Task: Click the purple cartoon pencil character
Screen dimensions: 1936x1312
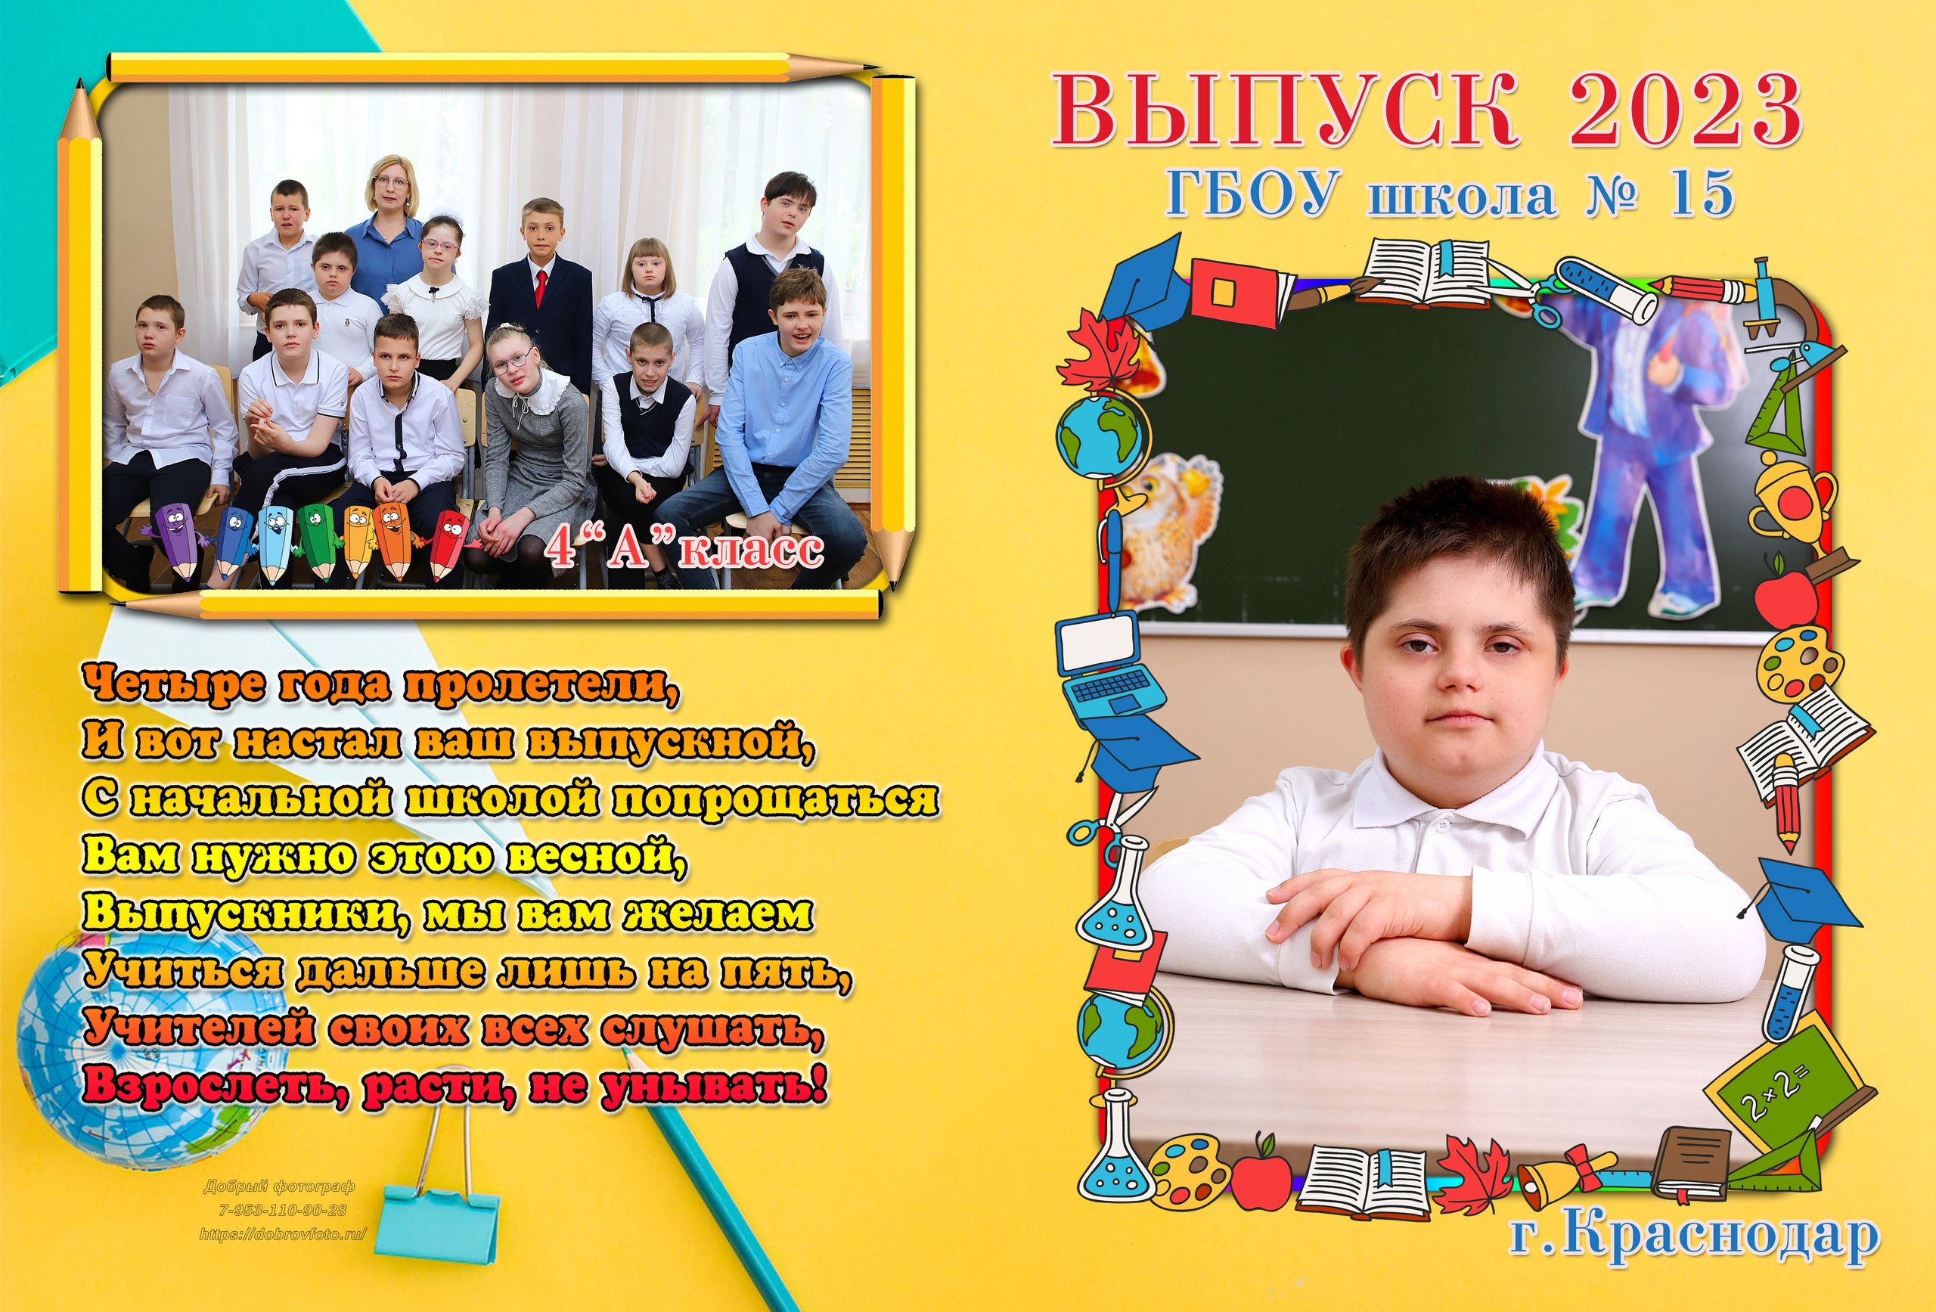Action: click(175, 541)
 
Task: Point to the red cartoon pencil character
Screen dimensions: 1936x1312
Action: click(450, 546)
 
